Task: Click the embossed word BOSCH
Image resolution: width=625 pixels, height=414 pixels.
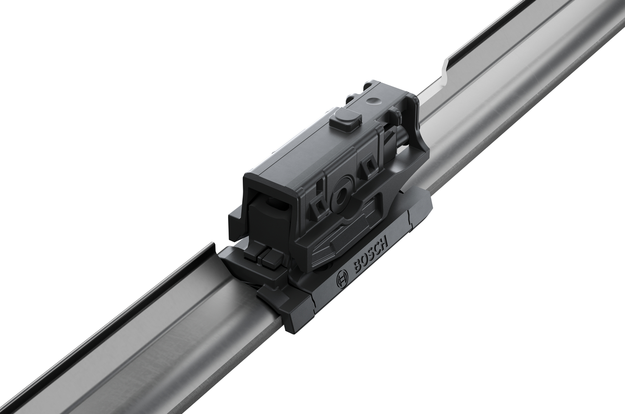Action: pyautogui.click(x=370, y=255)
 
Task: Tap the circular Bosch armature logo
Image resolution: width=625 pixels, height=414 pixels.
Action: pyautogui.click(x=342, y=280)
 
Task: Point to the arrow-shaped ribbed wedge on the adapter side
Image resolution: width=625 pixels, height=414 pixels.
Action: pyautogui.click(x=337, y=244)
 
